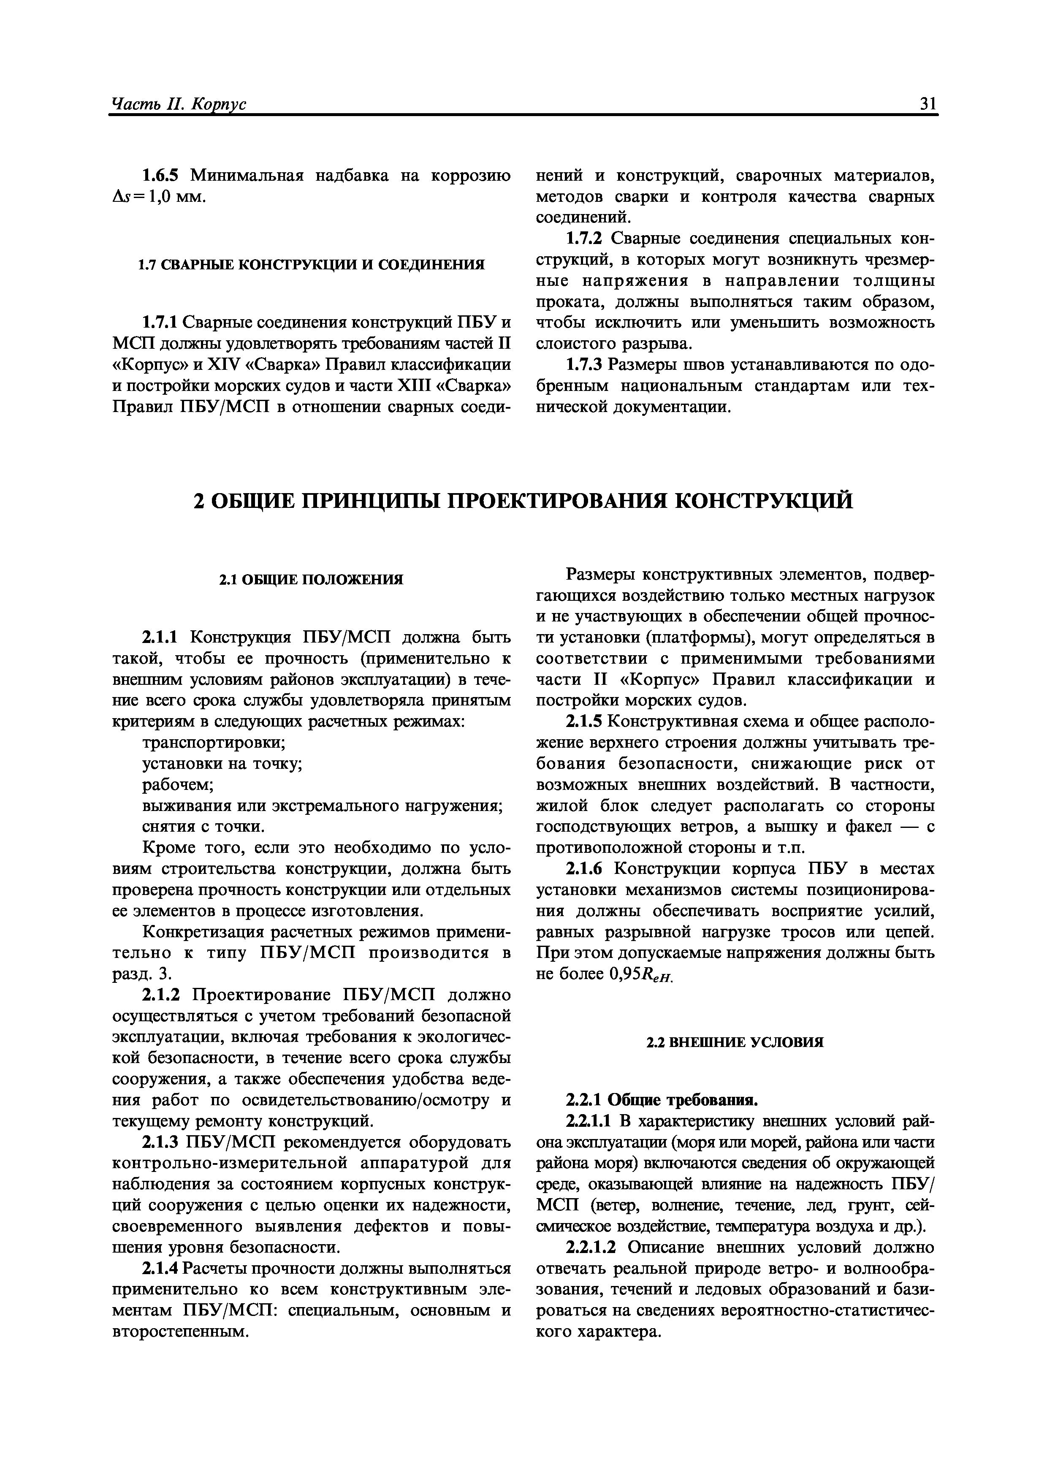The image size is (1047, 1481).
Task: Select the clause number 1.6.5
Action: pyautogui.click(x=163, y=176)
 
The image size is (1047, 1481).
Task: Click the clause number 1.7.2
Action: pyautogui.click(x=584, y=239)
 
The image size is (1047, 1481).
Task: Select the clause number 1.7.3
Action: pyautogui.click(x=584, y=365)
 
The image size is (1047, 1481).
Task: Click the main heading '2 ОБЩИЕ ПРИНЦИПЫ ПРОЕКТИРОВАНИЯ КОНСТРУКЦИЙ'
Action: pyautogui.click(x=523, y=501)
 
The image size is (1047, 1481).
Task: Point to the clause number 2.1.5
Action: pyautogui.click(x=584, y=722)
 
